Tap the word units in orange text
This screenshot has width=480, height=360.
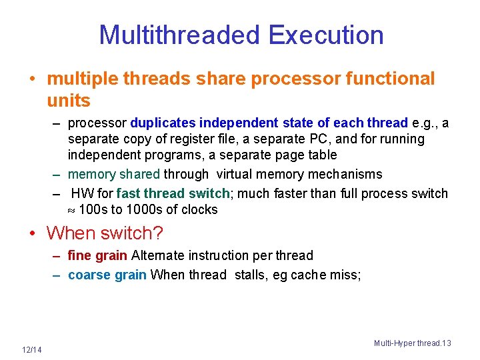point(68,101)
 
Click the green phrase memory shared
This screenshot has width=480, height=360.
point(113,174)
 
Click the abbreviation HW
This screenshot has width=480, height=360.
point(82,193)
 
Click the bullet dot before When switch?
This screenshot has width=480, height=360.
point(32,233)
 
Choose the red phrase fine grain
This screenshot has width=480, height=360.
point(97,255)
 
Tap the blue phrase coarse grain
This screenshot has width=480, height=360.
point(107,275)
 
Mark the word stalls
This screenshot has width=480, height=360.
point(251,275)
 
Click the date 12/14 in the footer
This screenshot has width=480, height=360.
point(31,351)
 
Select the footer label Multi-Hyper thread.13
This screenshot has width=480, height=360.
point(412,343)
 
